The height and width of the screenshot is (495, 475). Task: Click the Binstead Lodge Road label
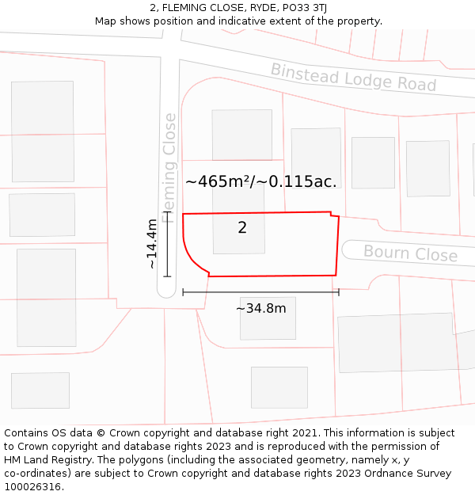point(353,77)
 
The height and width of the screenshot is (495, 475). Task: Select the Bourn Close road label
point(410,253)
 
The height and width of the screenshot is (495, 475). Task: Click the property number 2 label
point(242,228)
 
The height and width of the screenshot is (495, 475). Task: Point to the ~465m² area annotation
point(260,181)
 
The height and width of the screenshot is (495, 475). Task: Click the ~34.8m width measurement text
point(260,308)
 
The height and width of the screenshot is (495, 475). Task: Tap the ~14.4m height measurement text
point(152,244)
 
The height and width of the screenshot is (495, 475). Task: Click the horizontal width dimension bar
point(260,292)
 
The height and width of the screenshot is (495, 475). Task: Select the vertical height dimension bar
point(166,244)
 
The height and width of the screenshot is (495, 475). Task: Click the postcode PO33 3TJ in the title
point(305,8)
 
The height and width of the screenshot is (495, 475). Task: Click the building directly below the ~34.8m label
point(268,325)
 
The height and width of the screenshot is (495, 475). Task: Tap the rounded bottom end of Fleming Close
point(166,291)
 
